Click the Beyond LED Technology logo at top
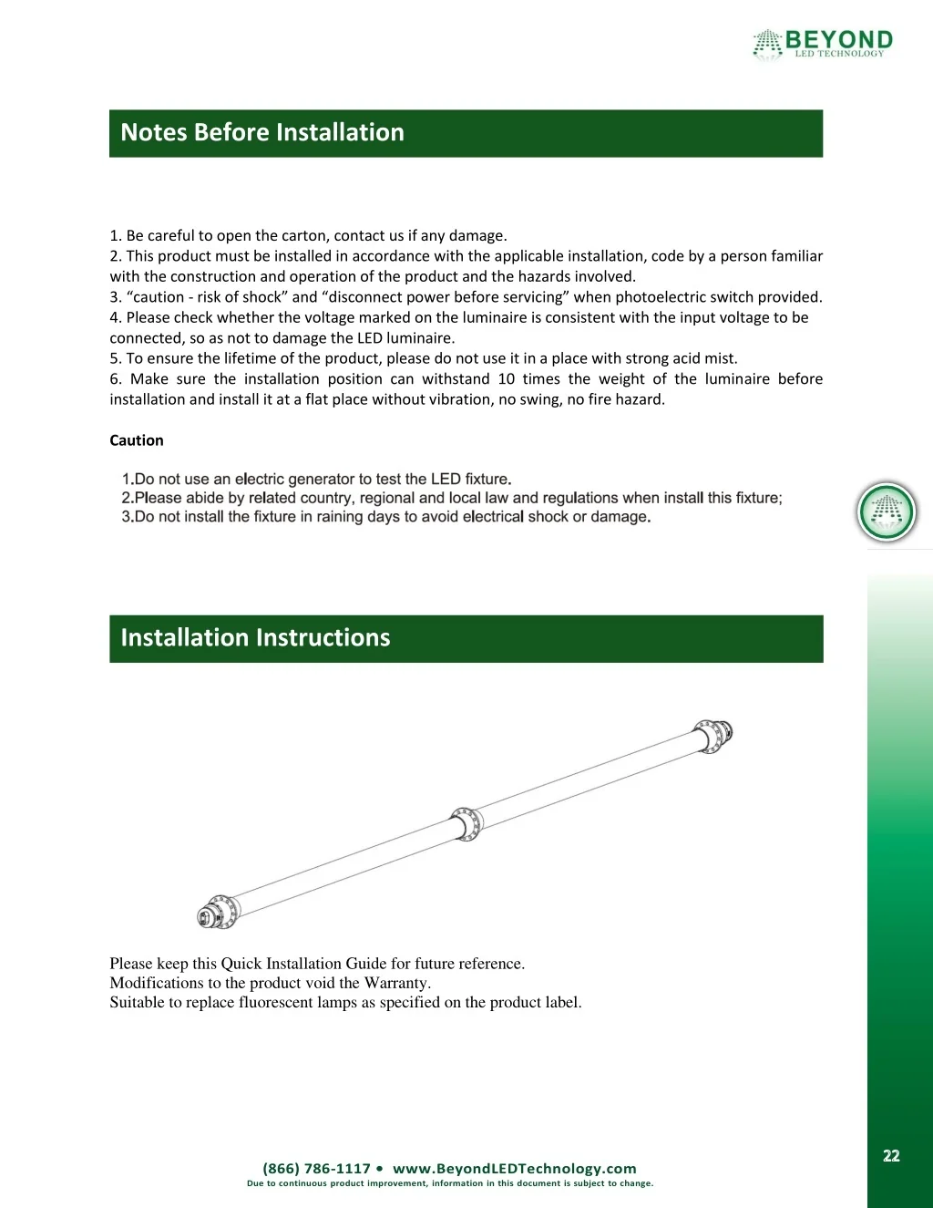click(823, 43)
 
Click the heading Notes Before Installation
click(262, 133)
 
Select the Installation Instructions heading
click(255, 638)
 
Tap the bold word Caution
click(137, 440)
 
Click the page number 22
click(891, 1156)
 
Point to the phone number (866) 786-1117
click(316, 1169)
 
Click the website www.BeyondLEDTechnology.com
click(514, 1169)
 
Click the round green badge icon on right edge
click(887, 512)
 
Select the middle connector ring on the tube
click(466, 823)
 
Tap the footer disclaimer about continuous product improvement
click(450, 1183)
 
